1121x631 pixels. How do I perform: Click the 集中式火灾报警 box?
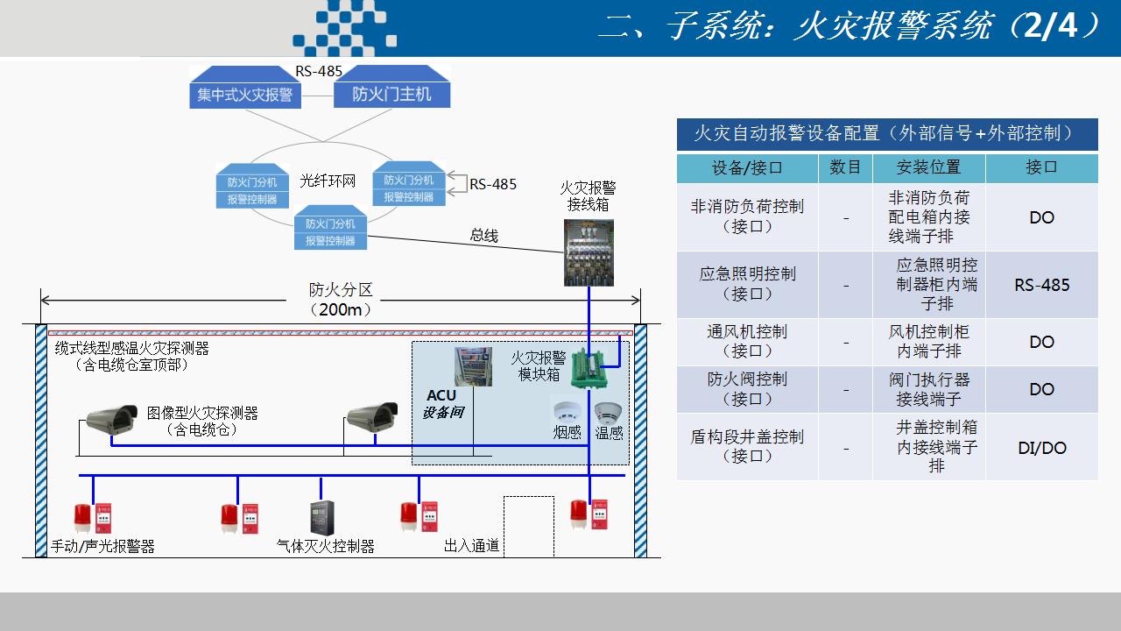click(x=245, y=94)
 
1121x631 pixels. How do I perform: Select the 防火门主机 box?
click(x=391, y=94)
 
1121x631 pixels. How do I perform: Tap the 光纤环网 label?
click(x=328, y=181)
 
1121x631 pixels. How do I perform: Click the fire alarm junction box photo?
click(x=589, y=252)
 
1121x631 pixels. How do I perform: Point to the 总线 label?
click(x=483, y=235)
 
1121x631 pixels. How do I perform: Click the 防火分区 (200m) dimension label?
click(x=341, y=300)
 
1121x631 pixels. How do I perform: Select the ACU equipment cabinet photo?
click(x=473, y=367)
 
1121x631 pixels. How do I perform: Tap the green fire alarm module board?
click(x=589, y=368)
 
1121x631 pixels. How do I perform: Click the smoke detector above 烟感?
click(x=566, y=411)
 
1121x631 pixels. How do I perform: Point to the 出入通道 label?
click(x=471, y=546)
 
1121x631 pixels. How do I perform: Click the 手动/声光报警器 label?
click(x=102, y=546)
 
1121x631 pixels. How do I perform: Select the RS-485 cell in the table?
click(x=1041, y=285)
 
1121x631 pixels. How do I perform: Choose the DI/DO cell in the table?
click(x=1041, y=448)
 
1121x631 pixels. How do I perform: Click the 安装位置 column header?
click(x=928, y=167)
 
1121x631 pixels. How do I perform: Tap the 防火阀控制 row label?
click(x=747, y=389)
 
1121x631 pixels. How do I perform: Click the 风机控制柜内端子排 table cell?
click(x=928, y=342)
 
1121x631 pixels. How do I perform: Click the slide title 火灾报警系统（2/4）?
click(x=850, y=27)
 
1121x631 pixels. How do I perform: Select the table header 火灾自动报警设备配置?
click(x=886, y=134)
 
